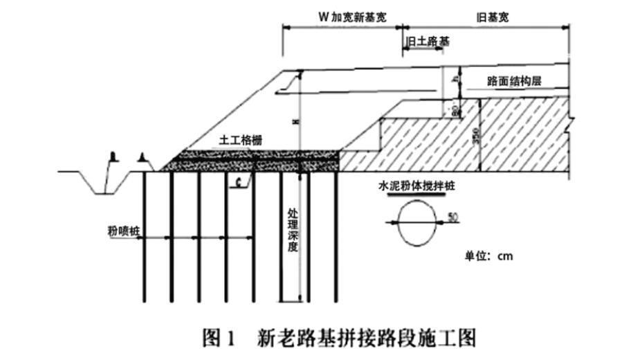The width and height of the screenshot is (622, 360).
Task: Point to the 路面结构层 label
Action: pos(514,81)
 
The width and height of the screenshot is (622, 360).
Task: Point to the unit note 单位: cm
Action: pos(488,256)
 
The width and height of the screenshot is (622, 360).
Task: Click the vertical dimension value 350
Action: pos(475,136)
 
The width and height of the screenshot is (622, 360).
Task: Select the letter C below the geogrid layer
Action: pos(237,182)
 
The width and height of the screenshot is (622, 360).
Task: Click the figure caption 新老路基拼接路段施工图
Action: pos(367,339)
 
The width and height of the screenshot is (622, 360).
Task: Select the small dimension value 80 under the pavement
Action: pos(454,109)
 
